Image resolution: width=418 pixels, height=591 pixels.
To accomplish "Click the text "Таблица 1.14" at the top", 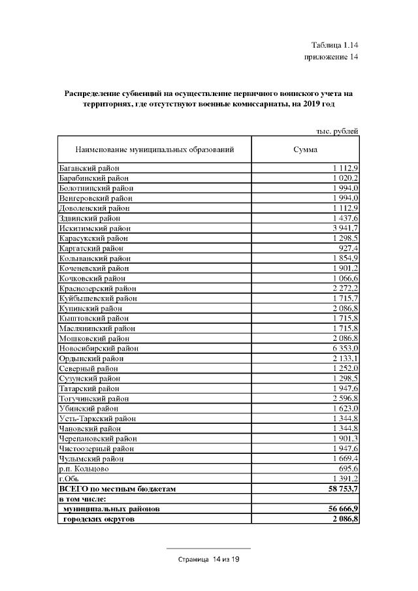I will coord(335,45).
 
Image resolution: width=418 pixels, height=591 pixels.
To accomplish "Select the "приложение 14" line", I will coord(332,57).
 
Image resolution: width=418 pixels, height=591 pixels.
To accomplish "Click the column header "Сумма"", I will coord(306,150).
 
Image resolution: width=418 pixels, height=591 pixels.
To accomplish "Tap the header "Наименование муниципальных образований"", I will coord(155,150).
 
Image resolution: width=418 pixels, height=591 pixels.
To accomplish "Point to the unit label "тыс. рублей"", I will coord(337,131).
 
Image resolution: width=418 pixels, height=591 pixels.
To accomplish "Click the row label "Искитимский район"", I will coord(94,229).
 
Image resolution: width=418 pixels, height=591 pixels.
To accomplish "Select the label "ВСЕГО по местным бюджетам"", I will coord(118,488).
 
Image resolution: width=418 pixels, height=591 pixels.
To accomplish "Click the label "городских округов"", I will coord(99,519).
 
